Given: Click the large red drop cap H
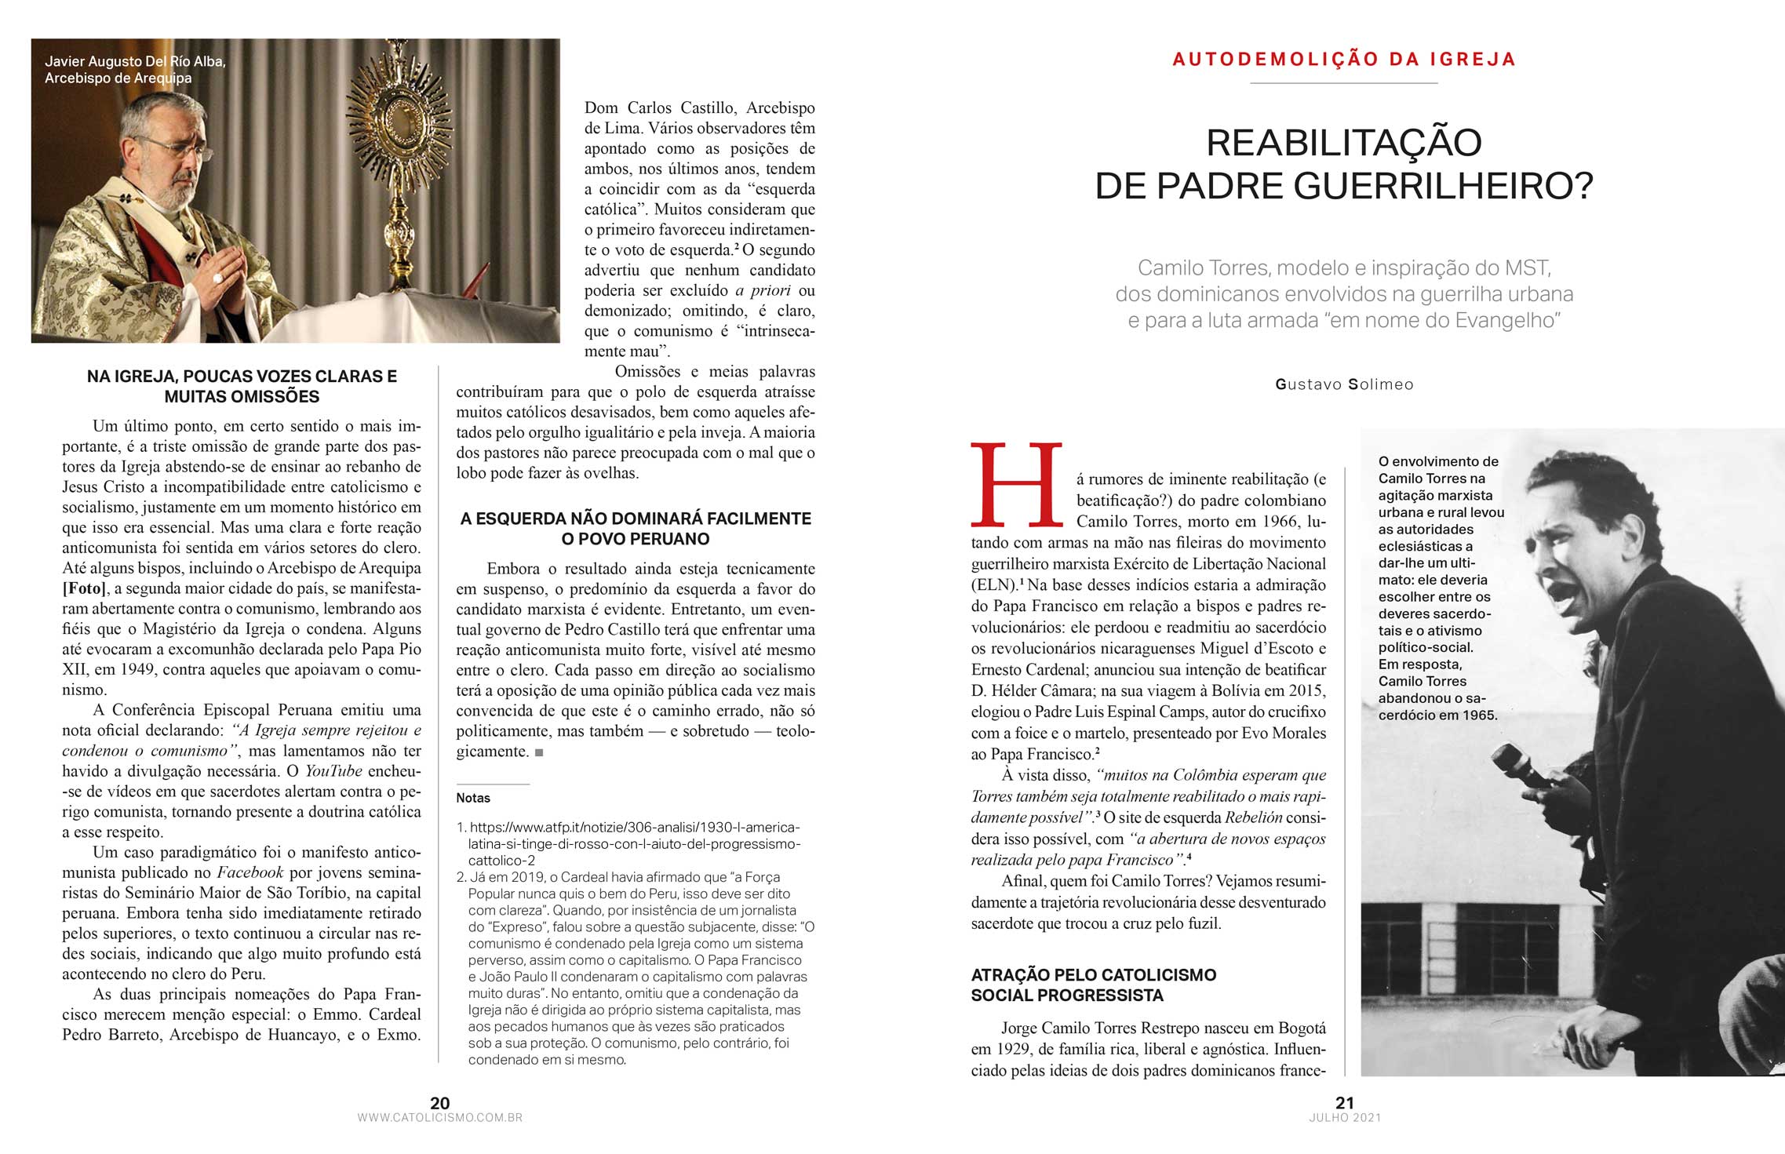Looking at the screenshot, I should pyautogui.click(x=1016, y=486).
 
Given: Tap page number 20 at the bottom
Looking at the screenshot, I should pyautogui.click(x=440, y=1102).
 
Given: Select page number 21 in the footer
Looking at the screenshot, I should pyautogui.click(x=1344, y=1102).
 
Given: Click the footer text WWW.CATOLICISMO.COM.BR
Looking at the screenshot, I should pyautogui.click(x=439, y=1118).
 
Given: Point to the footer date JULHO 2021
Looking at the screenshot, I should pyautogui.click(x=1344, y=1118).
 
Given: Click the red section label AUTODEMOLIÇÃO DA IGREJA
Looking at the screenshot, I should pyautogui.click(x=1344, y=60).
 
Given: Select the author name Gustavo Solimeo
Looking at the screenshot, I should pyautogui.click(x=1344, y=384).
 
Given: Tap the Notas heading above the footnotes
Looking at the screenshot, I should pyautogui.click(x=473, y=798).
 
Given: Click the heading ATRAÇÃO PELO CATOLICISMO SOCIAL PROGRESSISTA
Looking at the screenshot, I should pyautogui.click(x=1093, y=985).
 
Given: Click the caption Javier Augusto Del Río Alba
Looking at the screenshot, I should pyautogui.click(x=135, y=61).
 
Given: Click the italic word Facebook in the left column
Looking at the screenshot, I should pyautogui.click(x=250, y=872).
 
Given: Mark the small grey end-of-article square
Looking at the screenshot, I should pyautogui.click(x=538, y=752).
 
